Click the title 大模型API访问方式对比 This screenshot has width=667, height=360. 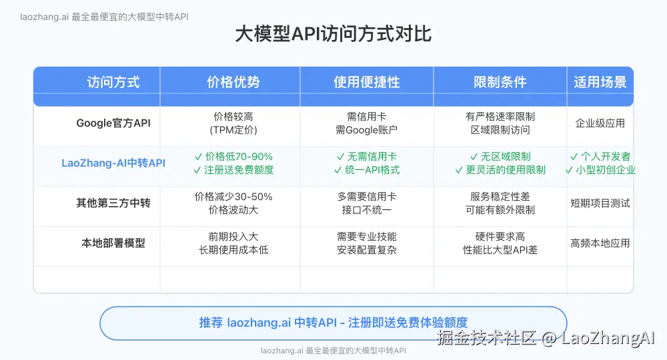tap(333, 35)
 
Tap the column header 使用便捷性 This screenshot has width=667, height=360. tap(366, 83)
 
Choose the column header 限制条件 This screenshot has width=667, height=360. tap(500, 83)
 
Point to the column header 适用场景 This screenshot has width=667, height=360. tap(600, 83)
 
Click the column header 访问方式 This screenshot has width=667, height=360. tap(113, 83)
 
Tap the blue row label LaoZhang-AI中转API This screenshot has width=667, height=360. tap(113, 163)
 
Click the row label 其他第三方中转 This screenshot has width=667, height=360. tap(113, 203)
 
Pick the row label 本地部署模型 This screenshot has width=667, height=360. tap(113, 243)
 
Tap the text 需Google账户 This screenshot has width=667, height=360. tap(366, 130)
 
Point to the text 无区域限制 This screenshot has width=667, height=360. tap(505, 157)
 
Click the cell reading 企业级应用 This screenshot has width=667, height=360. tap(600, 123)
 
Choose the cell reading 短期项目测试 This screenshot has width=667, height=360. tap(600, 203)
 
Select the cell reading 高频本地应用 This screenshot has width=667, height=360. tap(600, 243)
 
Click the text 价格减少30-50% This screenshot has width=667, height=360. tap(233, 197)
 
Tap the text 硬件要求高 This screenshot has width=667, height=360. tap(500, 237)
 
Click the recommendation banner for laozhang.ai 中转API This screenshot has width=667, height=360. tap(333, 323)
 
